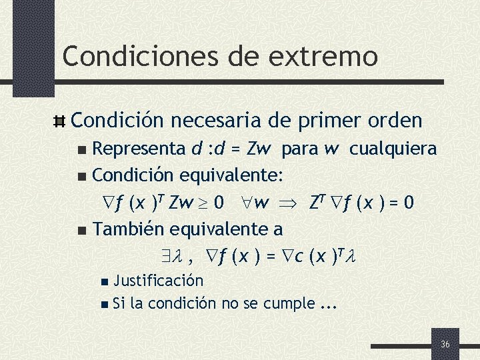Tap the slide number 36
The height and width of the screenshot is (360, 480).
pyautogui.click(x=445, y=344)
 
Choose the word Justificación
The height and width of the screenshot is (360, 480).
pyautogui.click(x=158, y=281)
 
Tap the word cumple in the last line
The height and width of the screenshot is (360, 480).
pyautogui.click(x=289, y=304)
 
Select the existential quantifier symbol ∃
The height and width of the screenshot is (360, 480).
pyautogui.click(x=164, y=256)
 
